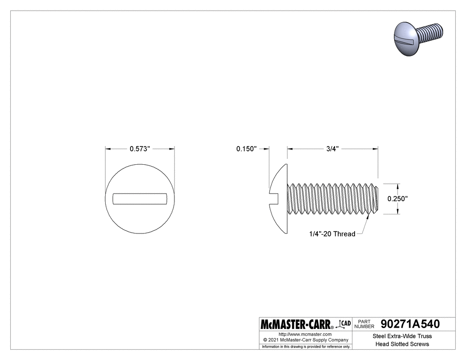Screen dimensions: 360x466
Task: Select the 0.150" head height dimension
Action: coord(246,149)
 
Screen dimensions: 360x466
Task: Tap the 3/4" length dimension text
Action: coord(332,149)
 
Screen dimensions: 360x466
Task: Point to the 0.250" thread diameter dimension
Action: coord(398,199)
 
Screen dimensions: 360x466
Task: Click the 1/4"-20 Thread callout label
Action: coord(332,234)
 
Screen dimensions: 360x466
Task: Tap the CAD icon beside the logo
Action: coord(345,324)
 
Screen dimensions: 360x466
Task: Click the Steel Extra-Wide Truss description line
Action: coord(402,336)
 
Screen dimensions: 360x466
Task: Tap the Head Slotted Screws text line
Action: coord(402,344)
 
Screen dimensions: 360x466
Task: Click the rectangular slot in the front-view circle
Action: coord(140,199)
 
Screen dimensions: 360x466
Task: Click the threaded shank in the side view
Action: coord(333,199)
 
